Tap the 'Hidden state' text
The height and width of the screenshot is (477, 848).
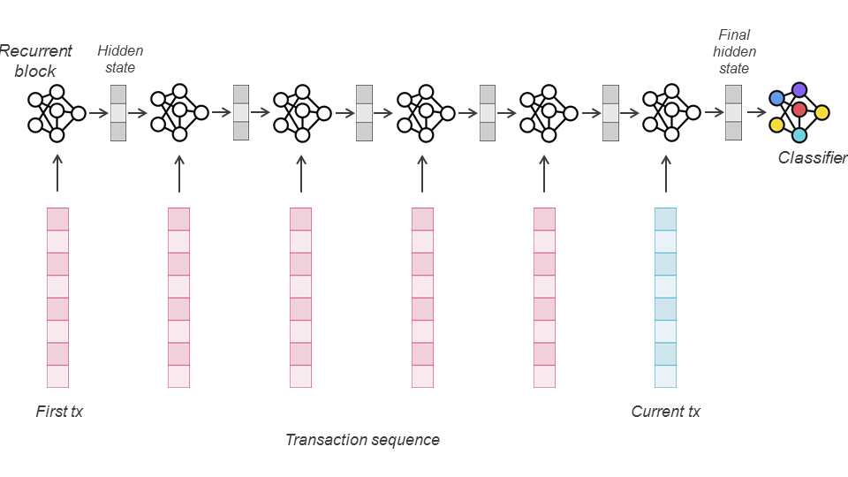click(120, 58)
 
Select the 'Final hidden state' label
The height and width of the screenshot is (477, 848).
click(735, 51)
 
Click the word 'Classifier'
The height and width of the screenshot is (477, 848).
click(812, 158)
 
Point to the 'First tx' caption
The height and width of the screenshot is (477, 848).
click(59, 412)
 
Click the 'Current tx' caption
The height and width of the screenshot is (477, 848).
click(665, 412)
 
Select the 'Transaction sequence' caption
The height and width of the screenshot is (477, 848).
click(362, 440)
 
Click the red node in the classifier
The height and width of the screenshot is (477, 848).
click(799, 110)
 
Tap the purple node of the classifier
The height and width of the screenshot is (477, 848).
click(799, 89)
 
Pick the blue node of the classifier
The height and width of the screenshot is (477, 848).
click(776, 98)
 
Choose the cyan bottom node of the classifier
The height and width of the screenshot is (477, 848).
click(799, 135)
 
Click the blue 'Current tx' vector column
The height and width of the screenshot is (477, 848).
click(665, 298)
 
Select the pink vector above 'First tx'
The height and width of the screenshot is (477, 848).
click(57, 298)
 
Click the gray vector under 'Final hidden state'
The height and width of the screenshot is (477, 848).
click(733, 112)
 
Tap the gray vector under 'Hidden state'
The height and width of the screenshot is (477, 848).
click(118, 112)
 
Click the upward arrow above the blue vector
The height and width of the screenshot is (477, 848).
click(665, 173)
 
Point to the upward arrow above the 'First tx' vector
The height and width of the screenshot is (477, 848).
click(57, 173)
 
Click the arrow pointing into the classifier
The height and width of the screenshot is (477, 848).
click(755, 112)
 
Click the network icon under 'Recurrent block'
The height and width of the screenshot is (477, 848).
click(57, 112)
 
